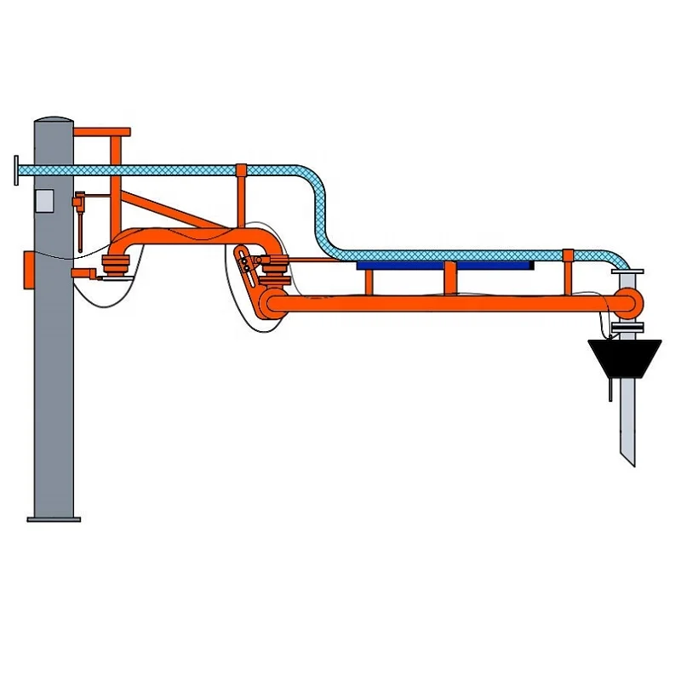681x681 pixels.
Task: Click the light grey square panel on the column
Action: coord(43,200)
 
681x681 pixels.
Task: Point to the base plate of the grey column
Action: coord(54,518)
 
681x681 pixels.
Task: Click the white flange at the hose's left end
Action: coord(17,170)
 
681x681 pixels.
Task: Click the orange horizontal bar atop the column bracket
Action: coord(102,132)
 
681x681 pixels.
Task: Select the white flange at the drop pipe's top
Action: coord(627,272)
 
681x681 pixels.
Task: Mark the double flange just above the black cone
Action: coord(627,327)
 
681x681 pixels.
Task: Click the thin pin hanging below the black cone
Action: coord(609,390)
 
